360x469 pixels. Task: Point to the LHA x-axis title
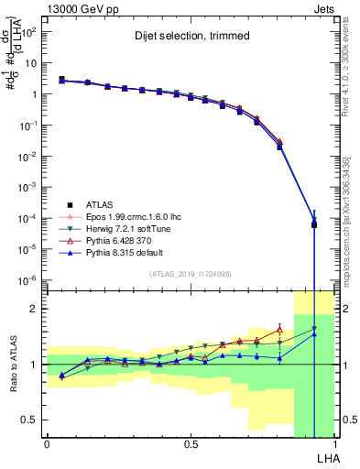click(x=326, y=457)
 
